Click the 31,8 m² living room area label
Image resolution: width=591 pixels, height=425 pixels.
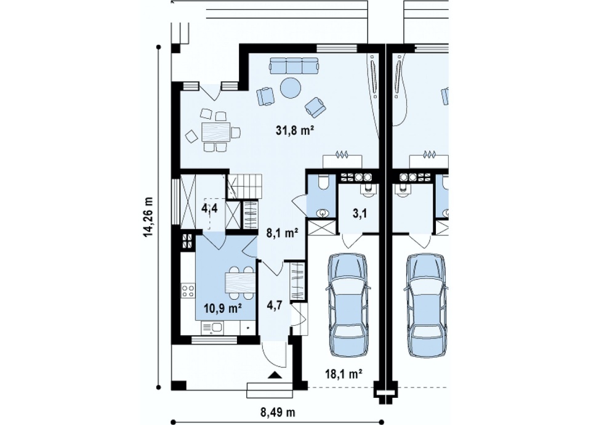pyautogui.click(x=295, y=131)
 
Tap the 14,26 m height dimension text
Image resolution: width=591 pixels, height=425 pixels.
pyautogui.click(x=149, y=217)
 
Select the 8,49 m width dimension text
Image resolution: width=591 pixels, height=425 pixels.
pyautogui.click(x=278, y=412)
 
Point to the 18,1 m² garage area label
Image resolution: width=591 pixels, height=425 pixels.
pyautogui.click(x=344, y=374)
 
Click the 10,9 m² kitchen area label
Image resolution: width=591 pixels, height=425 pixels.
pyautogui.click(x=223, y=309)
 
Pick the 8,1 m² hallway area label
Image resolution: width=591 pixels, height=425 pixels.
pyautogui.click(x=282, y=233)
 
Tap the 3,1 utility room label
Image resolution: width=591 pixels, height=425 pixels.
pyautogui.click(x=360, y=214)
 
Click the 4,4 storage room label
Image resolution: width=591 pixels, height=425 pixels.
pyautogui.click(x=209, y=208)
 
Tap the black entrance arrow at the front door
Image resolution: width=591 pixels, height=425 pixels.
pyautogui.click(x=275, y=374)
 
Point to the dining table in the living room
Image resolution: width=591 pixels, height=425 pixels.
pyautogui.click(x=215, y=132)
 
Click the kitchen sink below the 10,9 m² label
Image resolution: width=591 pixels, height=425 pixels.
pyautogui.click(x=212, y=328)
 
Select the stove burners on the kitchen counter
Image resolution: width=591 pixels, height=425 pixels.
pyautogui.click(x=188, y=289)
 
